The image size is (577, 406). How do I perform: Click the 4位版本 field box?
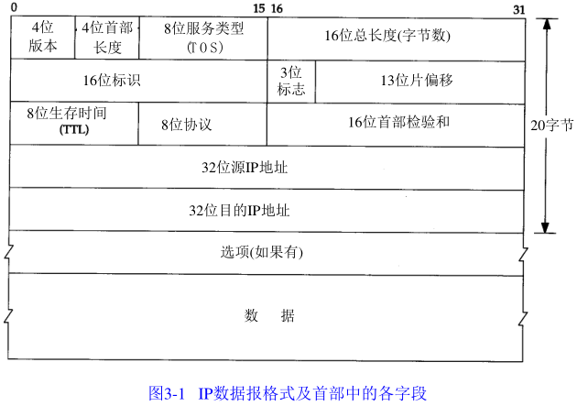click(42, 38)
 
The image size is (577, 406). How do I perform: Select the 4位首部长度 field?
click(107, 38)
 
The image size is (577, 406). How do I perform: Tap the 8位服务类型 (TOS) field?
click(202, 38)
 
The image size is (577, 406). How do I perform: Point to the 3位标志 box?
click(290, 81)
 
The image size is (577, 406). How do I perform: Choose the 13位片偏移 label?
click(417, 80)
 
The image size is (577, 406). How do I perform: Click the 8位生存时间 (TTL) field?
click(73, 122)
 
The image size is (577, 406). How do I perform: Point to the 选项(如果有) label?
click(262, 252)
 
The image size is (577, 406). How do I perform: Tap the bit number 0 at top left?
click(13, 8)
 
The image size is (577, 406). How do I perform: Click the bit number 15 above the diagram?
click(259, 8)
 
